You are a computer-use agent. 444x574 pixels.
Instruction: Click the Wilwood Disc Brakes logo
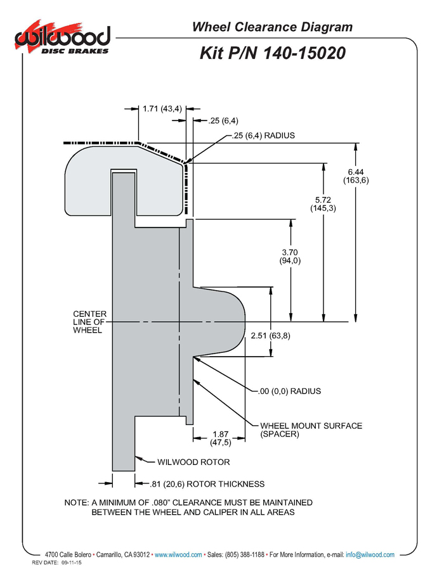[x=62, y=38]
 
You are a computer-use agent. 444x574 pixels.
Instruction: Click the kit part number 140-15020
[x=304, y=53]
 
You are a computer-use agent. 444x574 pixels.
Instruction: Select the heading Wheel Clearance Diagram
[x=272, y=27]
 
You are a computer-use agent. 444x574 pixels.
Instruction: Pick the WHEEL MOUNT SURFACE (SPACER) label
[x=311, y=430]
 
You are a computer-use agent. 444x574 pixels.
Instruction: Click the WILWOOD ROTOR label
[x=193, y=462]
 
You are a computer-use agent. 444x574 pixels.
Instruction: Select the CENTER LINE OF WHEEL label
[x=90, y=322]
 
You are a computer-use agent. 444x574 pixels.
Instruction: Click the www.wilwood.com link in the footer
[x=178, y=554]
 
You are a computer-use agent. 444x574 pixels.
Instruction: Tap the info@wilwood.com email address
[x=370, y=554]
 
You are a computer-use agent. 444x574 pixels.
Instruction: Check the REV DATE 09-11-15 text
[x=57, y=563]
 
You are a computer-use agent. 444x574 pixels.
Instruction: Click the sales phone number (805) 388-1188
[x=244, y=554]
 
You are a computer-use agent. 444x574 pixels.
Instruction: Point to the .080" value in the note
[x=162, y=502]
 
